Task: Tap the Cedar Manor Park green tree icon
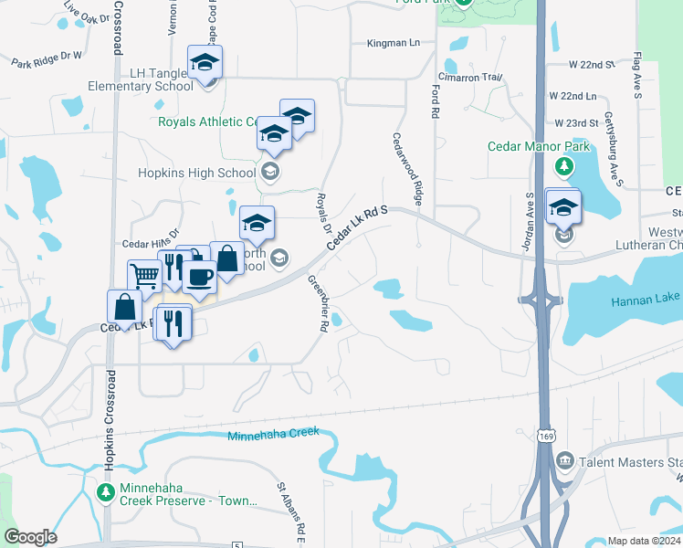point(564,166)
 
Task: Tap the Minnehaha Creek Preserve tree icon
point(106,492)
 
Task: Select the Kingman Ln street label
point(393,43)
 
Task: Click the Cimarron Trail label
point(470,78)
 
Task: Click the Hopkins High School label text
point(196,173)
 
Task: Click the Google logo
point(31,537)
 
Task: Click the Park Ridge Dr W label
point(47,59)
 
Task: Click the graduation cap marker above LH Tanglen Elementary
point(205,63)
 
